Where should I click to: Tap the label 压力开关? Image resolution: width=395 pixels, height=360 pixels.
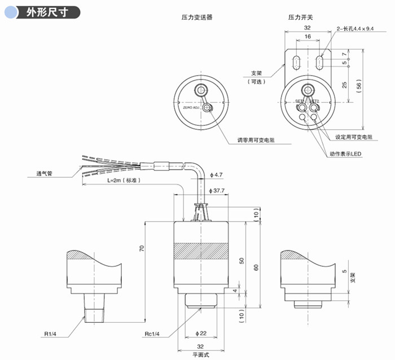301,17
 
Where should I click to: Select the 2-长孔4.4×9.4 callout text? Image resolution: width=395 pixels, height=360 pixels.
355,28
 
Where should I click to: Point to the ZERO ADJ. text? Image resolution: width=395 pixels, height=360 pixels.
190,107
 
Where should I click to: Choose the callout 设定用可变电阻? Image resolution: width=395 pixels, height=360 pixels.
354,137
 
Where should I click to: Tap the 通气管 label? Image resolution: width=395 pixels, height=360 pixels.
40,174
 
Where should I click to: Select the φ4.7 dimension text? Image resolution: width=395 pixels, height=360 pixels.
215,174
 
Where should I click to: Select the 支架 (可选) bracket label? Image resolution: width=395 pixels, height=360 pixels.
256,77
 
